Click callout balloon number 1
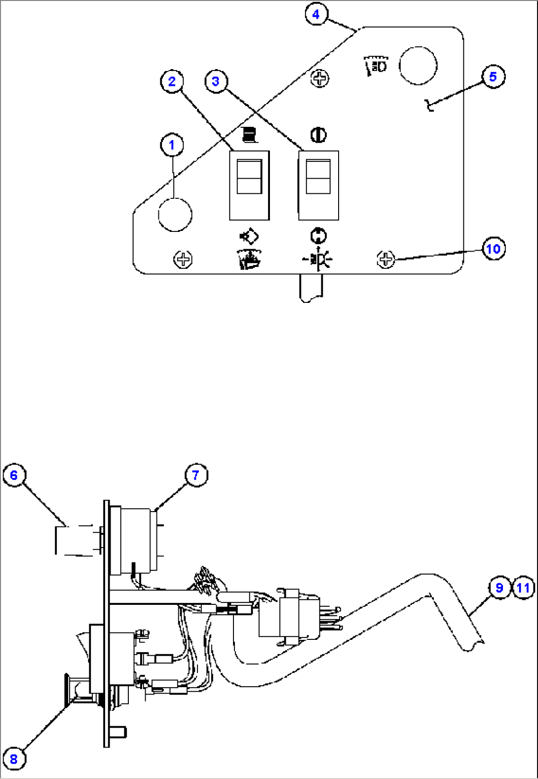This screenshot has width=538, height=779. pyautogui.click(x=172, y=145)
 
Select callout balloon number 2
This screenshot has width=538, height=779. pyautogui.click(x=172, y=81)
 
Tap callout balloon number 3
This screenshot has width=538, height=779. pyautogui.click(x=216, y=81)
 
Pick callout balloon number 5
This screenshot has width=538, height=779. pyautogui.click(x=493, y=76)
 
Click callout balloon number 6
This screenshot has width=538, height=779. pyautogui.click(x=14, y=475)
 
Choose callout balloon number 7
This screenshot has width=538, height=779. pyautogui.click(x=196, y=475)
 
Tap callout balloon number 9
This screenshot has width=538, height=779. pyautogui.click(x=500, y=588)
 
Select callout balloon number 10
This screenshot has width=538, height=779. pyautogui.click(x=493, y=249)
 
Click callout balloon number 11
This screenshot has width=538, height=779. pyautogui.click(x=523, y=588)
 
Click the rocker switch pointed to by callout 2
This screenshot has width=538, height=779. pyautogui.click(x=249, y=185)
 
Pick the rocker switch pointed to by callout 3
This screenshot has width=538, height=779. pyautogui.click(x=318, y=185)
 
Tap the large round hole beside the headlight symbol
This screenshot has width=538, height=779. pyautogui.click(x=418, y=66)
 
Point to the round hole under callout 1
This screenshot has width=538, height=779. pyautogui.click(x=175, y=215)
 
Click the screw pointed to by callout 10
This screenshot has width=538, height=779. pyautogui.click(x=385, y=259)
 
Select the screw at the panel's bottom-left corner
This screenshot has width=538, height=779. pyautogui.click(x=183, y=260)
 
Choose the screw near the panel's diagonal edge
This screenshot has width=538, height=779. pyautogui.click(x=319, y=78)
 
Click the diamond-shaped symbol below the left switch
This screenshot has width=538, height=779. pyautogui.click(x=250, y=237)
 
